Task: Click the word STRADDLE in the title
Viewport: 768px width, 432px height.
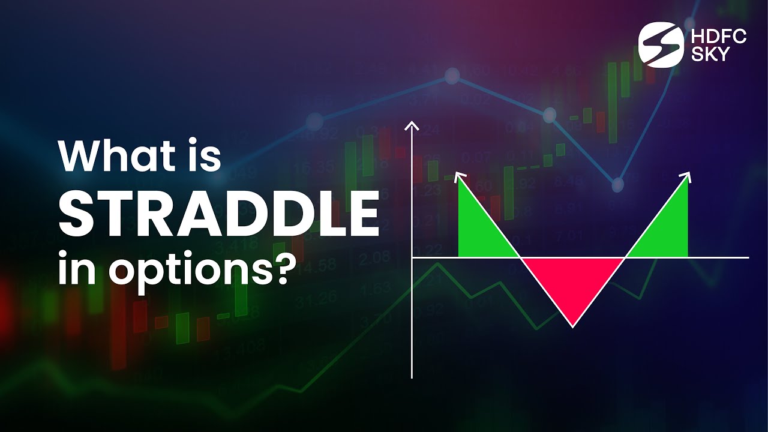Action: [218, 214]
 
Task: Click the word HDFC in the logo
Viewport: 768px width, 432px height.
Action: [719, 37]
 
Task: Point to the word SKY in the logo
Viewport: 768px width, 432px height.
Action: [710, 55]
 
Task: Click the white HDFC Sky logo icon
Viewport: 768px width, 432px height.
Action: [660, 45]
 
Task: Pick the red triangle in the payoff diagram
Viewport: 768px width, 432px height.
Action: [573, 282]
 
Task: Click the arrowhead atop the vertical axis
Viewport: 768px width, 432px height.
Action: [412, 125]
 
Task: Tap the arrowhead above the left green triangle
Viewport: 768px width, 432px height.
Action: [460, 176]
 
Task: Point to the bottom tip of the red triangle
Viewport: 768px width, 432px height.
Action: [573, 326]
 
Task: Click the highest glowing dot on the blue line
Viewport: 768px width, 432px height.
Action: [452, 76]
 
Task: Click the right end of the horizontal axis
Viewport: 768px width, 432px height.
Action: [748, 257]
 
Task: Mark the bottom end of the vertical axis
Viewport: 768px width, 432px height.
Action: [412, 377]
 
